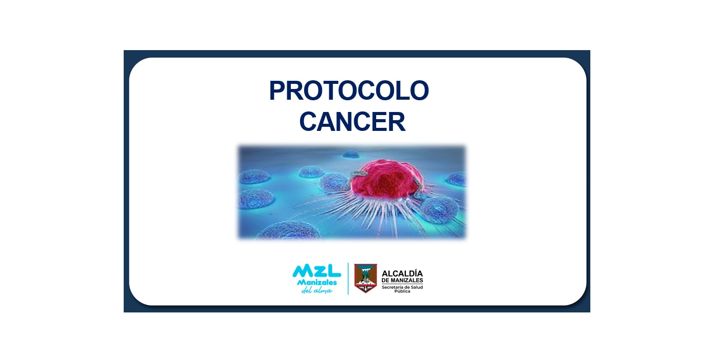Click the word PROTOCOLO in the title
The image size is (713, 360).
pyautogui.click(x=349, y=91)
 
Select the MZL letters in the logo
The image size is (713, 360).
pyautogui.click(x=317, y=271)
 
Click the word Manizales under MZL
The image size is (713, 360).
pyautogui.click(x=317, y=283)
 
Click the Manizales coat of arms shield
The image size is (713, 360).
pyautogui.click(x=366, y=278)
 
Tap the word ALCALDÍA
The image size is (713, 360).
pyautogui.click(x=402, y=274)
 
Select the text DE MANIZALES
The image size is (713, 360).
pyautogui.click(x=402, y=280)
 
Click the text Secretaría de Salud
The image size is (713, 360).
pyautogui.click(x=402, y=287)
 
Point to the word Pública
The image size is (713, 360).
pyautogui.click(x=402, y=291)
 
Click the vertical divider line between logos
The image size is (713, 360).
pyautogui.click(x=348, y=279)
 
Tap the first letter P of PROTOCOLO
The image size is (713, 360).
pyautogui.click(x=278, y=91)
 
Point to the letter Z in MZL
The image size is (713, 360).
pyautogui.click(x=317, y=271)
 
